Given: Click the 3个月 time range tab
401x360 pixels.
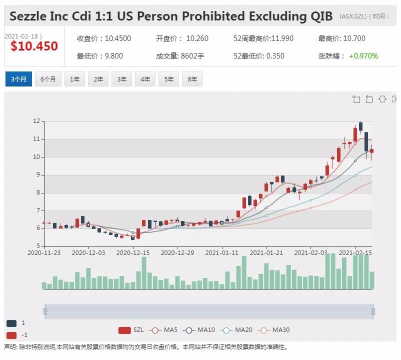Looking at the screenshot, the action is click(x=18, y=79).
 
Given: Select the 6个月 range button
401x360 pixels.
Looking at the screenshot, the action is click(x=48, y=79).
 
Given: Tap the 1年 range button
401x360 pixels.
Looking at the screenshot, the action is click(x=74, y=79).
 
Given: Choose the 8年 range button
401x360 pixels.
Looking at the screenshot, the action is click(x=192, y=79).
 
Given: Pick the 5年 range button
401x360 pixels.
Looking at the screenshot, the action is click(x=169, y=79).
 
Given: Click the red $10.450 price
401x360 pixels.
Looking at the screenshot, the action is click(x=34, y=46).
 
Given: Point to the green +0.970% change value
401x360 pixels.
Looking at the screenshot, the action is click(x=363, y=55).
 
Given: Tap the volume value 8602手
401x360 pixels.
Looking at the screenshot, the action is click(x=192, y=55).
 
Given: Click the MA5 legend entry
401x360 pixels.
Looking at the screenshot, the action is click(x=164, y=330).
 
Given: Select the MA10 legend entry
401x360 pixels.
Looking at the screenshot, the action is click(x=199, y=330).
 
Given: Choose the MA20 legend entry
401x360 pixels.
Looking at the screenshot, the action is click(x=236, y=330).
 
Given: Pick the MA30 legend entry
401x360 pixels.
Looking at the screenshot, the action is click(x=274, y=330).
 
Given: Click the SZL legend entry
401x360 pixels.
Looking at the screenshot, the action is click(x=131, y=330).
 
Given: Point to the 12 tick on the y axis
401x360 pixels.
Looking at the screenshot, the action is click(x=36, y=121).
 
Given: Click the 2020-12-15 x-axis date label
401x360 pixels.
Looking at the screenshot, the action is click(x=133, y=252).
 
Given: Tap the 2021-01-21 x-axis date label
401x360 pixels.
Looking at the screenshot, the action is click(x=266, y=252).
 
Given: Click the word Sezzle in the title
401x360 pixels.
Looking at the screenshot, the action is click(x=28, y=16).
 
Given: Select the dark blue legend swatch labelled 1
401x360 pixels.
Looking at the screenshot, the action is click(x=11, y=323).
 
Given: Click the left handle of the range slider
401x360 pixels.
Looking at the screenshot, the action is click(x=45, y=311).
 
